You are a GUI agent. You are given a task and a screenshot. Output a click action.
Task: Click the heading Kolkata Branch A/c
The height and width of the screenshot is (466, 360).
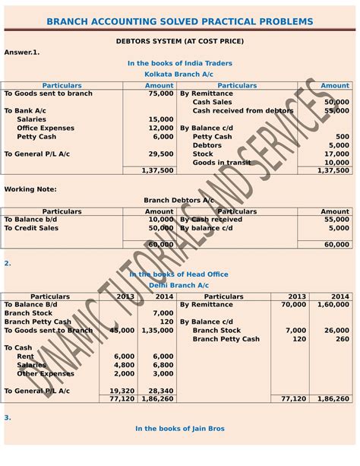click(x=180, y=74)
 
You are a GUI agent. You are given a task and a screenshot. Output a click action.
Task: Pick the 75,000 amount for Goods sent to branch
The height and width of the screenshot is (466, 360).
click(x=161, y=94)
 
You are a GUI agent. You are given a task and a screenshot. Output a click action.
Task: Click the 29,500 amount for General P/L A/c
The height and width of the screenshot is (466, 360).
click(x=161, y=154)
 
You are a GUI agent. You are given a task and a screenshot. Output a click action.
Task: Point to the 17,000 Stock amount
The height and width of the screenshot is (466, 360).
click(x=337, y=154)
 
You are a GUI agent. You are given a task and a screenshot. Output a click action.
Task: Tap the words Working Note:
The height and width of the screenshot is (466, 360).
click(x=30, y=189)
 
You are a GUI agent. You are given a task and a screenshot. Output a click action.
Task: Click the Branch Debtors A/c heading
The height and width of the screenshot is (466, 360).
click(x=180, y=200)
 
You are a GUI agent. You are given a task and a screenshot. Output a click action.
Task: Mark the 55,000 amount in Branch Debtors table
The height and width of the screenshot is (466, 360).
click(x=336, y=219)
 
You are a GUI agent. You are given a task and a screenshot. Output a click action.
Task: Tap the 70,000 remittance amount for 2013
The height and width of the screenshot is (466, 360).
click(x=293, y=304)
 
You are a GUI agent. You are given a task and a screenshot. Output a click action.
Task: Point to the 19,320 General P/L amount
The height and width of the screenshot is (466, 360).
click(x=122, y=390)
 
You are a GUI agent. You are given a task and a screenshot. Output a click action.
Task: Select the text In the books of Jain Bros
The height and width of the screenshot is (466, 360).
click(x=180, y=429)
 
